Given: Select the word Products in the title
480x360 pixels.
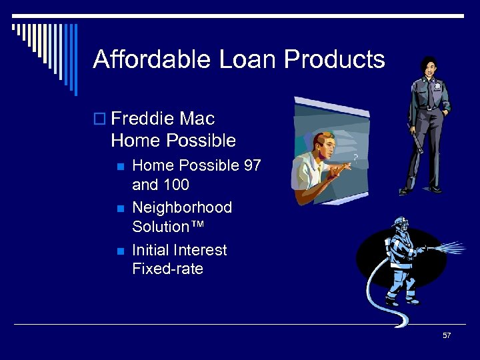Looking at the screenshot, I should coord(335,59).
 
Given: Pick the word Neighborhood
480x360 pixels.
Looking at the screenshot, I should coord(182,207).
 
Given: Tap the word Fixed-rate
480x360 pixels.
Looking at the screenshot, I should coord(167,269).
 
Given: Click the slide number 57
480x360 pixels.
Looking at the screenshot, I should coord(447,335).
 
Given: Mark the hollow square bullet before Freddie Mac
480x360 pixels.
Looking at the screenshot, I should coord(101,120).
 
